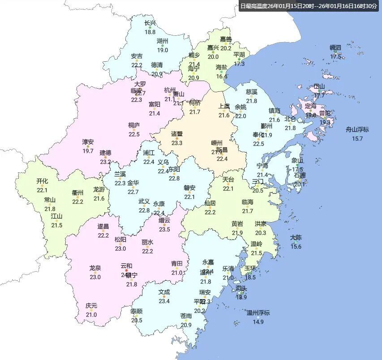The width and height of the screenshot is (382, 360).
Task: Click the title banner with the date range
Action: coord(309,6)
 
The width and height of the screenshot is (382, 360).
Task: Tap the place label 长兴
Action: coord(150,23)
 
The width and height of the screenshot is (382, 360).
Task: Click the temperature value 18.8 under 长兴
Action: coord(150,32)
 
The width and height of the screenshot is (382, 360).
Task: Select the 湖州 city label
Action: coord(162,41)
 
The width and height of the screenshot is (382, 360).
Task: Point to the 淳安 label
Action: coord(88,142)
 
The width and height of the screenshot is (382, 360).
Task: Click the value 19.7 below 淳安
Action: coord(88,150)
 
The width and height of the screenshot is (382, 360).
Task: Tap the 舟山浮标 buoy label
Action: coord(357,130)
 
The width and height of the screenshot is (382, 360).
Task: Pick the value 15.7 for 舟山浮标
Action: coord(357,138)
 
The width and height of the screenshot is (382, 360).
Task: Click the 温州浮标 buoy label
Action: coord(258,313)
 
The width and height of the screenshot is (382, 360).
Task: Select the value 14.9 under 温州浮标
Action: coord(258,321)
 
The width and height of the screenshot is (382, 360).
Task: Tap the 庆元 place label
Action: coord(91,306)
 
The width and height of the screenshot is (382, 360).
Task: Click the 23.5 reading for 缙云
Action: coord(164,229)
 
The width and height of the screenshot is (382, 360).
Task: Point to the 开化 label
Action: coord(42,181)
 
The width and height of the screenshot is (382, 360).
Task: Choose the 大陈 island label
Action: coord(296,238)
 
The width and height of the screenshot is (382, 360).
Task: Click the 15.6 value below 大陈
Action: coord(296,246)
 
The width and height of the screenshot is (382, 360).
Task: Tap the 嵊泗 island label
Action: coord(335,48)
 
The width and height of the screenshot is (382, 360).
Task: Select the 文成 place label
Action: coord(164,292)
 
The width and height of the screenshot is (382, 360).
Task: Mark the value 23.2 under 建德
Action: coord(105,161)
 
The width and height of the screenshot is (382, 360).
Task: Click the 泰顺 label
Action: coord(137,311)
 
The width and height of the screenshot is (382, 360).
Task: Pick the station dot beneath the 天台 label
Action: coord(228,184)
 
